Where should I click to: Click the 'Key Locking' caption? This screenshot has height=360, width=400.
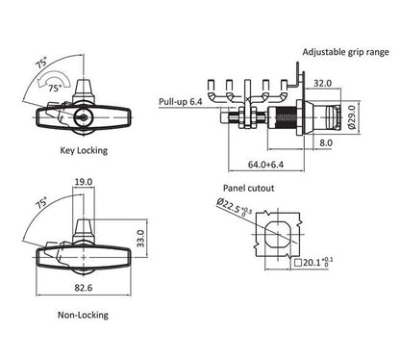point(84,150)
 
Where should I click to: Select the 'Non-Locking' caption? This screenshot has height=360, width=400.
point(83,315)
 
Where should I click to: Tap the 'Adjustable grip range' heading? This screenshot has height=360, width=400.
point(346,52)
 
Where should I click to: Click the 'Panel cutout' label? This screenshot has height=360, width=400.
point(249,188)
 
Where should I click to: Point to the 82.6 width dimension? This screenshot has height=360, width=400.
point(84,288)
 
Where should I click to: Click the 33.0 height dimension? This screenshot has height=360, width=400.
point(141,239)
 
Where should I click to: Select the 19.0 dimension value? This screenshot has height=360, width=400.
point(84,182)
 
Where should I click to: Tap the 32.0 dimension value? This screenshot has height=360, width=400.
point(322,83)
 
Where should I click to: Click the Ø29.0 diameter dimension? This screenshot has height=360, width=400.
point(352,117)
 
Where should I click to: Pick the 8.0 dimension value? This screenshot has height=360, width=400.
point(326,142)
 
